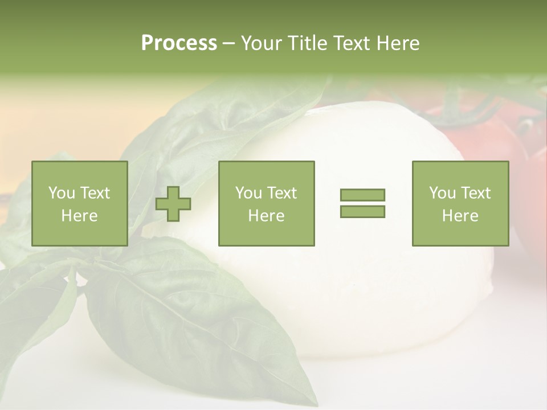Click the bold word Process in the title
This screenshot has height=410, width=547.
pyautogui.click(x=179, y=43)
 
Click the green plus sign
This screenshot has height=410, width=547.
pyautogui.click(x=173, y=204)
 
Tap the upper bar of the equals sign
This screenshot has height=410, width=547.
pyautogui.click(x=362, y=195)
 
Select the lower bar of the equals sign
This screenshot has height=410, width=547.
pyautogui.click(x=362, y=211)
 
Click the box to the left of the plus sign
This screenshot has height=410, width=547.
pyautogui.click(x=79, y=203)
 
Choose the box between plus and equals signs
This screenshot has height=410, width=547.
pyautogui.click(x=266, y=203)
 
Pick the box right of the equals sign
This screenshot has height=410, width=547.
pyautogui.click(x=460, y=203)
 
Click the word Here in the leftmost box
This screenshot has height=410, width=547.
pyautogui.click(x=79, y=216)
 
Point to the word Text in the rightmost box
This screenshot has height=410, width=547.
pyautogui.click(x=475, y=193)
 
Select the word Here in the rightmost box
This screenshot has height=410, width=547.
pyautogui.click(x=460, y=216)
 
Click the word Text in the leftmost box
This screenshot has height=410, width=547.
pyautogui.click(x=95, y=193)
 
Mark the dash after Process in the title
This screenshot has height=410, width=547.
pyautogui.click(x=228, y=44)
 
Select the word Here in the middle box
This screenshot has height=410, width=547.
pyautogui.click(x=266, y=216)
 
